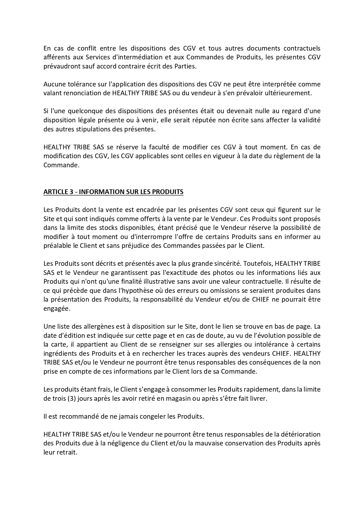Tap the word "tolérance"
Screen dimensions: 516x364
[76, 84]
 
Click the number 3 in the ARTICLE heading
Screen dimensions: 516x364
[71, 192]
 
